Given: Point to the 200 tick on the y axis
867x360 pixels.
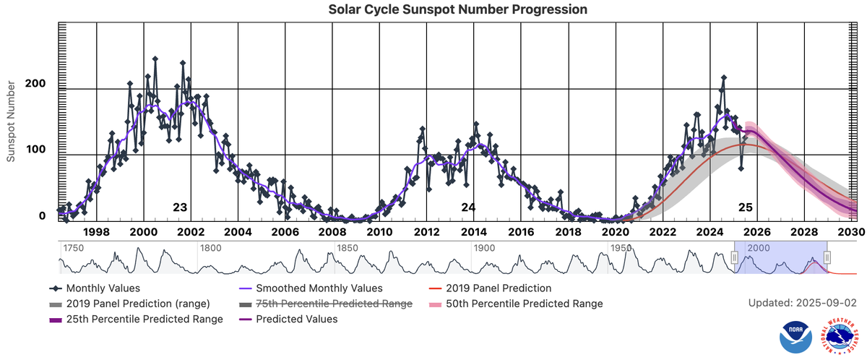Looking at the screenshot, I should click(x=36, y=84).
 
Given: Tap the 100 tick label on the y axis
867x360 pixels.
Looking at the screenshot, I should click(x=36, y=150).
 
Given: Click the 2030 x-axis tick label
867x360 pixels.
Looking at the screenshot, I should click(x=852, y=232).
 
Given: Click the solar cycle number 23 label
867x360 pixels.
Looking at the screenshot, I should click(x=180, y=208).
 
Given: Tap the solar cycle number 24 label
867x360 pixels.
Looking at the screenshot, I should click(x=468, y=208).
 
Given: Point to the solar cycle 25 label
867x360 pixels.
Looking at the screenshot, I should click(x=745, y=208).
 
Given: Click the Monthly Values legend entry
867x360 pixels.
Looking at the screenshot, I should click(x=99, y=288).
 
